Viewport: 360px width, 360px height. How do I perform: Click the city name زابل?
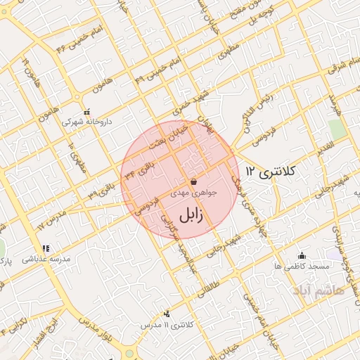[x=191, y=214]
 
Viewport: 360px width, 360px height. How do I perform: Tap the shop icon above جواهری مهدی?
[x=193, y=181]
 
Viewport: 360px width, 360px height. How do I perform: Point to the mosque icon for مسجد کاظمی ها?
[x=302, y=255]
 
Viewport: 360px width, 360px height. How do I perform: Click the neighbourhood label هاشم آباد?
[x=319, y=289]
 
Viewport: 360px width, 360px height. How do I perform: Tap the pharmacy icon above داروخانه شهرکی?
[x=86, y=112]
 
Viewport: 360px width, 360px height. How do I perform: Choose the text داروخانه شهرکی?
[x=82, y=122]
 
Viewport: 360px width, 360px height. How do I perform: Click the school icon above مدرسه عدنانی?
[x=46, y=248]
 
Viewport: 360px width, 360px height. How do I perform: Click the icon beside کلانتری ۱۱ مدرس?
[x=167, y=314]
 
